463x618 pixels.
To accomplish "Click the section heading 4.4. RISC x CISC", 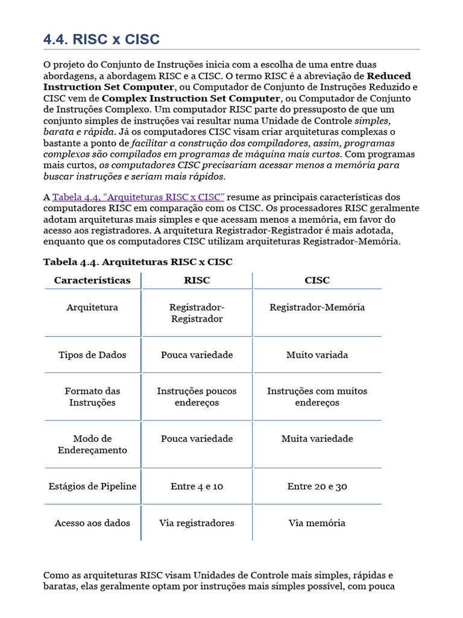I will tap(101, 40).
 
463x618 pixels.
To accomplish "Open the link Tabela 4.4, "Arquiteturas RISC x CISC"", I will tap(138, 197).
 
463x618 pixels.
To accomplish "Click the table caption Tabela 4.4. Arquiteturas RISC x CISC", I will tap(137, 262).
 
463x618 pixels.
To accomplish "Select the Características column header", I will tap(92, 281).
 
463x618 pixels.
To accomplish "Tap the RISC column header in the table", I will tap(197, 281).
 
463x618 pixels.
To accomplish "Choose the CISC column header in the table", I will tap(317, 281).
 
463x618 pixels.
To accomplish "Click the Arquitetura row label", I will tap(92, 307).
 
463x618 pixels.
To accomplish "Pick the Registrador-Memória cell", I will tap(317, 307).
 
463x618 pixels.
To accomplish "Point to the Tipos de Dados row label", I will tap(92, 355).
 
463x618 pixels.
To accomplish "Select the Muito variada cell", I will tap(317, 355).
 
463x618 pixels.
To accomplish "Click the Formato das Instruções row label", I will tap(92, 397).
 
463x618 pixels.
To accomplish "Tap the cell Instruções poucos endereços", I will tap(197, 397).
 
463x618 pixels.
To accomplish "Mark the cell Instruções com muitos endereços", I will tap(317, 397).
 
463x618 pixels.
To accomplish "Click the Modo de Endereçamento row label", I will tap(92, 444).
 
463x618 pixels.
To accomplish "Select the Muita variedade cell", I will tap(317, 439).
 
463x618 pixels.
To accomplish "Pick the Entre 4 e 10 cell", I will tap(197, 486).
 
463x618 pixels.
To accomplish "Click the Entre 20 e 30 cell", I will tap(317, 486).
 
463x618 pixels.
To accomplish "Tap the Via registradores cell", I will tap(197, 523).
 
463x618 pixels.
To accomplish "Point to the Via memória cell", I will tap(317, 523).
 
